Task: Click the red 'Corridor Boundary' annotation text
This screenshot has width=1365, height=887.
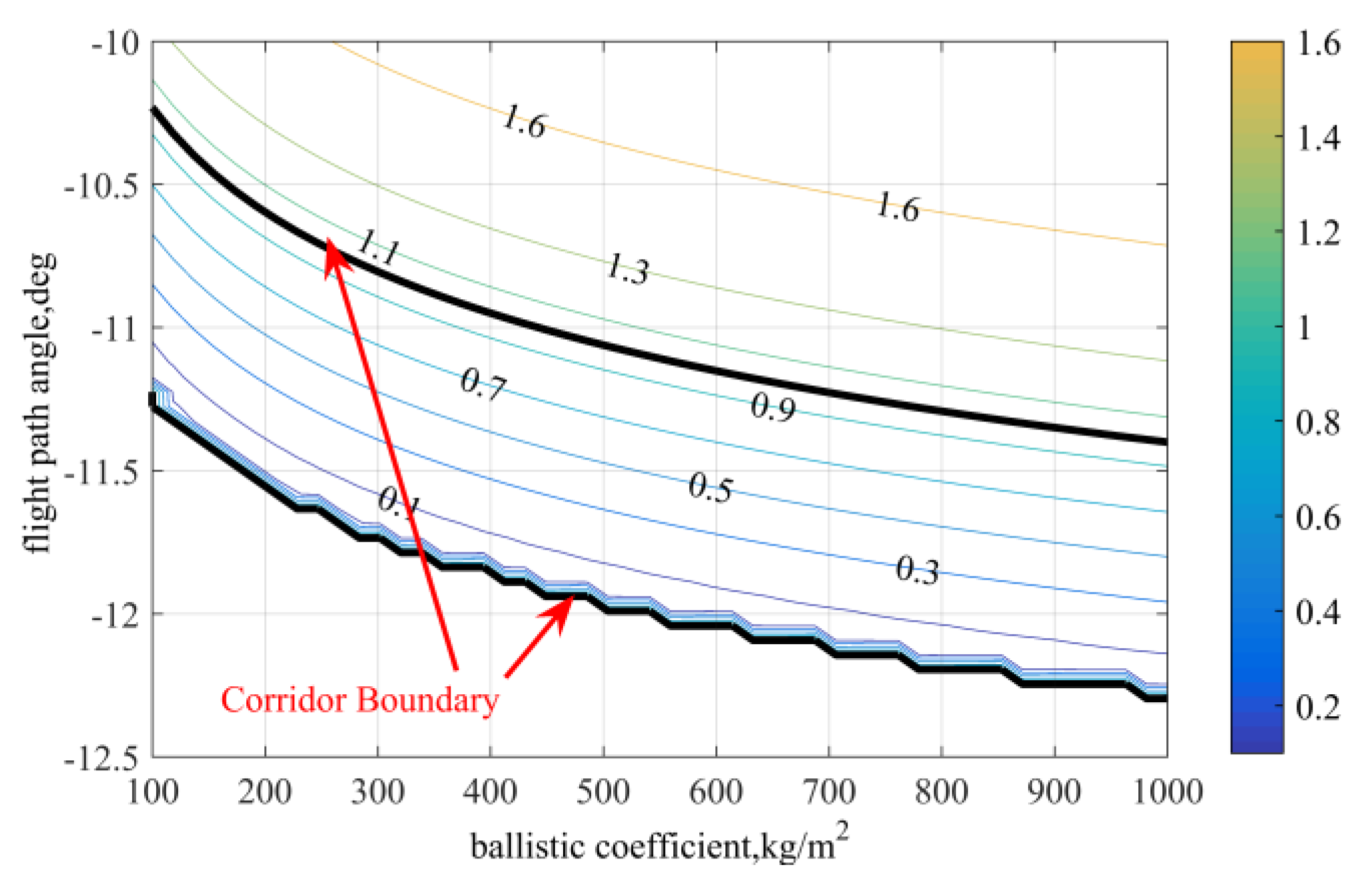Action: [360, 701]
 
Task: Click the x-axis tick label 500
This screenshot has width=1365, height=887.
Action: [603, 792]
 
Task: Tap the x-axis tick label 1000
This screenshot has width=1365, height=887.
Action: [1168, 792]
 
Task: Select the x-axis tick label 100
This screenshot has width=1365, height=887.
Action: [153, 792]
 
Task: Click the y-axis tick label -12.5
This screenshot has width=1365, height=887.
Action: [101, 758]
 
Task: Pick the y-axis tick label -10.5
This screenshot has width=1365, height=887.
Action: [101, 186]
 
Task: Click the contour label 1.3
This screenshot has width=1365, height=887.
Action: [627, 270]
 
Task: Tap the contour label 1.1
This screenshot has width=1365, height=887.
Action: [379, 248]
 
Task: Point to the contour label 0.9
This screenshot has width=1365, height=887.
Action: [773, 407]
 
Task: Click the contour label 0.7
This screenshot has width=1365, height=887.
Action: [483, 385]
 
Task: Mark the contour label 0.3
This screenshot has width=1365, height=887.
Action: [917, 571]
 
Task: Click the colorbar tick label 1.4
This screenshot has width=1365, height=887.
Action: [1318, 138]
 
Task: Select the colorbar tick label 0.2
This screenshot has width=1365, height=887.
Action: [1318, 706]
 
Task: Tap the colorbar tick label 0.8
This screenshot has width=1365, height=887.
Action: [1318, 422]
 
